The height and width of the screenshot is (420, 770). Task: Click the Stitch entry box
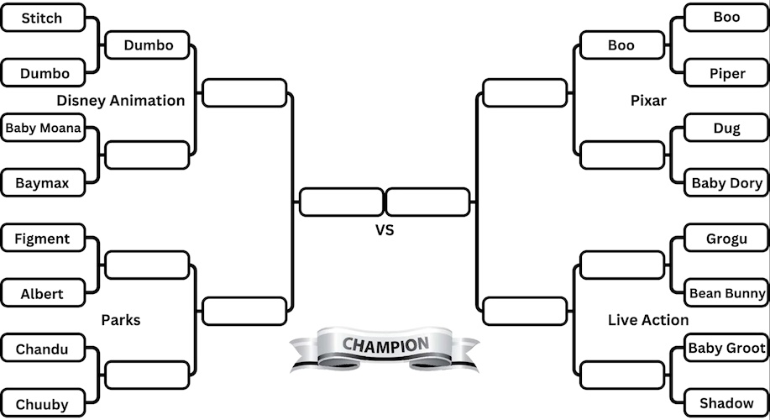click(x=42, y=18)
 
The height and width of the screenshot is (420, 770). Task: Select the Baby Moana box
click(x=43, y=129)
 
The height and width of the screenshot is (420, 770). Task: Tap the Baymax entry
click(x=42, y=182)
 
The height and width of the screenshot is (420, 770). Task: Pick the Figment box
click(x=42, y=239)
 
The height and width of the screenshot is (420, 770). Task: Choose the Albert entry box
click(x=42, y=294)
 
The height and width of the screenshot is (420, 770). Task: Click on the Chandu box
click(x=42, y=349)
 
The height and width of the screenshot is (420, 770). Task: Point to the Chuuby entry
click(x=42, y=404)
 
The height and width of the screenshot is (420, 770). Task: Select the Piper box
click(x=727, y=73)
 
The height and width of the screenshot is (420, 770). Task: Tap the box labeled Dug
click(x=727, y=129)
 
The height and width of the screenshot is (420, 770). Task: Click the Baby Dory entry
click(x=727, y=182)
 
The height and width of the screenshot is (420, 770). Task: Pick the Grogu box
click(x=727, y=239)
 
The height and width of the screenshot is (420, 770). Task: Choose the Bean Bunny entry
click(x=727, y=293)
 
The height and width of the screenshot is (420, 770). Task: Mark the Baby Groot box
click(x=727, y=348)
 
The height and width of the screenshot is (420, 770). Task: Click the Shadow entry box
click(x=727, y=403)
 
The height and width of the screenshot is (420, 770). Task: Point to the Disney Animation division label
click(x=121, y=101)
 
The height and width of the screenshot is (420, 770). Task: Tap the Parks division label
click(x=121, y=320)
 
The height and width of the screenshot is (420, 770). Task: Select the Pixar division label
click(x=648, y=101)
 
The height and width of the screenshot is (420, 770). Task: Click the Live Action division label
click(x=648, y=320)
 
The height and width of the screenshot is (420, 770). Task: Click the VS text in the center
click(x=385, y=229)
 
